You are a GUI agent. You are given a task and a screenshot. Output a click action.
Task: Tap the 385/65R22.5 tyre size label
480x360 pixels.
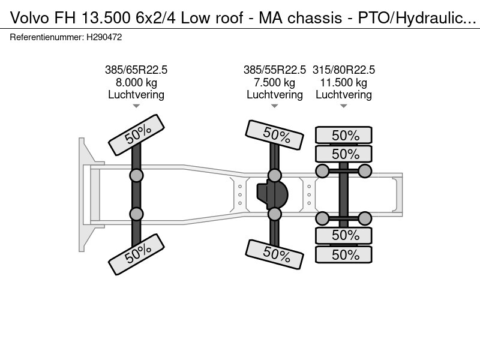(136, 70)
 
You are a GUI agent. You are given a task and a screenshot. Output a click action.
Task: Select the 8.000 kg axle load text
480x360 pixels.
(136, 83)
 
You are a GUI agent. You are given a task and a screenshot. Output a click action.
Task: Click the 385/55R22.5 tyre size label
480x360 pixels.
(275, 70)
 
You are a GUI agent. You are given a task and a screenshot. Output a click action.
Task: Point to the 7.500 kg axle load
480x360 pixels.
(275, 83)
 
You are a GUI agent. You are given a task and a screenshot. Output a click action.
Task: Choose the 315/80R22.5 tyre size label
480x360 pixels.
(344, 70)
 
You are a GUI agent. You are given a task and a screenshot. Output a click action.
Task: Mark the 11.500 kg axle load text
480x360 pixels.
(344, 83)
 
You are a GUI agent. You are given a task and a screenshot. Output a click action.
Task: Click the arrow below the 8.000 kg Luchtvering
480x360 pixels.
(136, 106)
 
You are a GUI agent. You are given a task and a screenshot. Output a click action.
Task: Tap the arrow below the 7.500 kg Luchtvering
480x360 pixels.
(275, 106)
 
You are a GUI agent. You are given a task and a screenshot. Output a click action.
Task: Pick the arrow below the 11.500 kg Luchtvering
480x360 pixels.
(344, 106)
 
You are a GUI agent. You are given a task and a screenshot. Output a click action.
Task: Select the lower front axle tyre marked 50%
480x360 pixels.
(136, 254)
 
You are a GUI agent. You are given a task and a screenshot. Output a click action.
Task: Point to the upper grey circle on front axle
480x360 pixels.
(136, 175)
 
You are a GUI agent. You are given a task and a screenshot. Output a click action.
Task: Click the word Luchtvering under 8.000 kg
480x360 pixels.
(136, 95)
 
